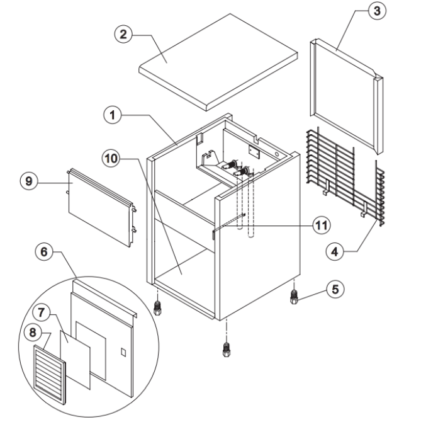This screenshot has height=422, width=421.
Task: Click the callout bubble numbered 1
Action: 113,115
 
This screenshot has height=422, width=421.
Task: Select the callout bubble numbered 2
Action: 123,34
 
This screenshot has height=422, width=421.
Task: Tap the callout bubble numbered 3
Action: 377,11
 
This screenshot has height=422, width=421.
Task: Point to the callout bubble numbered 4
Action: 335,252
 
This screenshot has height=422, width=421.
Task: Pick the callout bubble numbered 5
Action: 335,289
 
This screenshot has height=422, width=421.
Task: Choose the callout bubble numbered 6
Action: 44,252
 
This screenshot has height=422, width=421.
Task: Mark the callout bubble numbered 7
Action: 41,313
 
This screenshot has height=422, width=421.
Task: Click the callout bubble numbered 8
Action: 33,333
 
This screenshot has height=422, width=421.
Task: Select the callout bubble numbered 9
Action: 29,181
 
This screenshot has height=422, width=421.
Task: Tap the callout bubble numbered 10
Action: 111,159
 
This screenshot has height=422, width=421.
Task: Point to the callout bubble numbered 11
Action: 322,225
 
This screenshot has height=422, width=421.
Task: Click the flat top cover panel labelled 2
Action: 218,62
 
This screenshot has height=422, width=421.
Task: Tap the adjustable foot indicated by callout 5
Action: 294,297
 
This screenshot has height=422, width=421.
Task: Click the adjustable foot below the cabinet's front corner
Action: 227,350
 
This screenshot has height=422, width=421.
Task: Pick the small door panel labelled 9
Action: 101,207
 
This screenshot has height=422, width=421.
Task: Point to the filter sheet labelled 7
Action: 76,360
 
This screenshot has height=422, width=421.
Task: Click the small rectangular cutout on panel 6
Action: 123,352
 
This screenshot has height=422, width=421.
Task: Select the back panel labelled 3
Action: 347,96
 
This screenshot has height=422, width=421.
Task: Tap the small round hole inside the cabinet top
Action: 277,154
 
